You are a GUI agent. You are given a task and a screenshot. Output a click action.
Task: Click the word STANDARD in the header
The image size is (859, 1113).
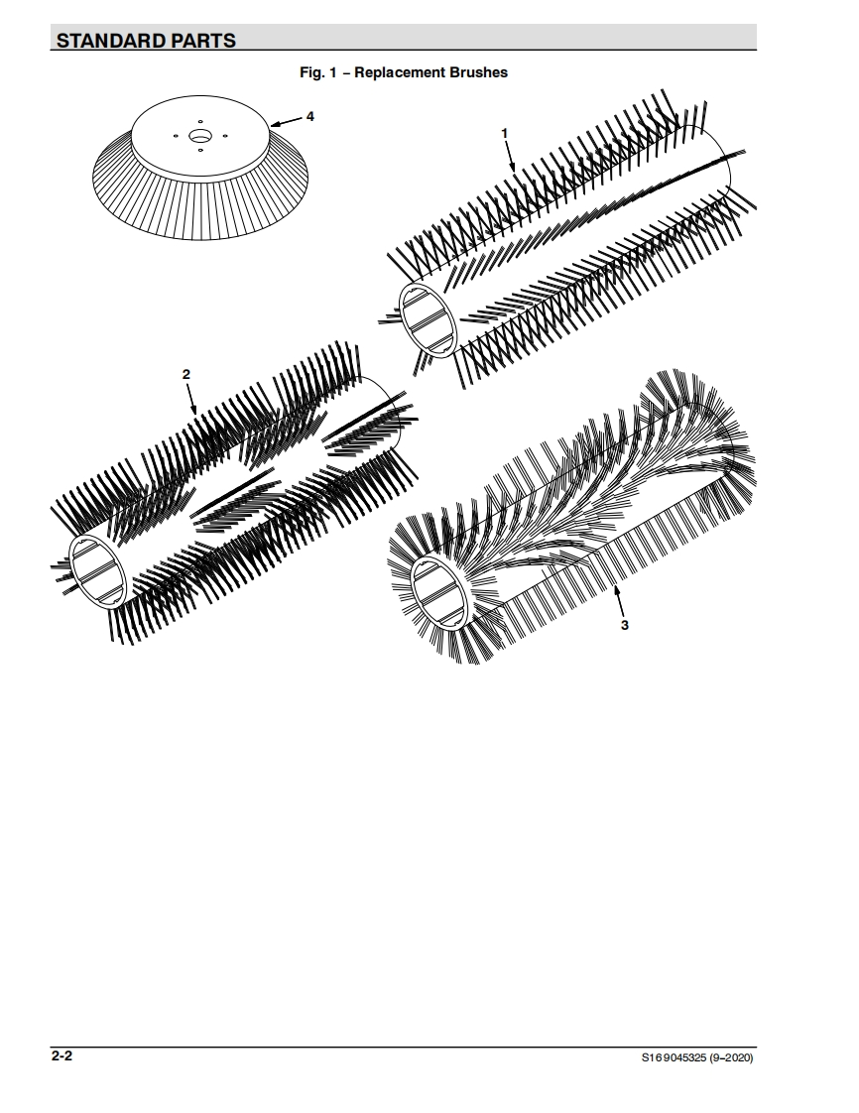point(110,41)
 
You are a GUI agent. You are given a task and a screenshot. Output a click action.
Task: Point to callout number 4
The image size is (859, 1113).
point(310,116)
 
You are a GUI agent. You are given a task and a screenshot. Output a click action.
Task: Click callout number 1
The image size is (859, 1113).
point(505,134)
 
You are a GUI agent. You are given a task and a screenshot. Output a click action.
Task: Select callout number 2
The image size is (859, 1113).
point(186,374)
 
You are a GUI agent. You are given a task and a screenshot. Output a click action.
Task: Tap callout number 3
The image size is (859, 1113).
point(625,625)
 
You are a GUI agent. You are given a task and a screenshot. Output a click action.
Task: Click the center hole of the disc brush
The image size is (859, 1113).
point(200,136)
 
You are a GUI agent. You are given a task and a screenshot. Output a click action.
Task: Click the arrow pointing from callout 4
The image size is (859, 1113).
point(287,122)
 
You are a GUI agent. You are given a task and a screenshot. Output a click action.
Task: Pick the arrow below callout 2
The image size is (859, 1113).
point(191,399)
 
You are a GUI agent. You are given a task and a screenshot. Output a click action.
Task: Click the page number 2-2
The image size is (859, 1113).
point(61,1056)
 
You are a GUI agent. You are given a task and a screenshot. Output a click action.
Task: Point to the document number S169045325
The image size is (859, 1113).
point(674,1058)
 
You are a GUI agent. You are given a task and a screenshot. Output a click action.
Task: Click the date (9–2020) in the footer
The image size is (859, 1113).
point(731,1058)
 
